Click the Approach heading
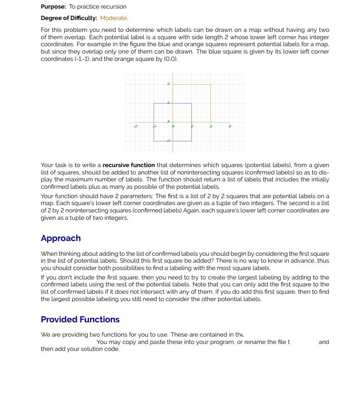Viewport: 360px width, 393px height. [x=61, y=238]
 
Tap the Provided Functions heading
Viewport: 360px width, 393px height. [x=80, y=319]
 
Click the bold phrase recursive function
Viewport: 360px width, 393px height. [x=129, y=165]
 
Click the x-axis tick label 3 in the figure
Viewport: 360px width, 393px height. [x=230, y=127]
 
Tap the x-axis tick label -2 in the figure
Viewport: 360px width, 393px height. [x=136, y=127]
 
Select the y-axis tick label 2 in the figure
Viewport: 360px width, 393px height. [x=168, y=84]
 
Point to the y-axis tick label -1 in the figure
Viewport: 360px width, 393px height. [x=169, y=141]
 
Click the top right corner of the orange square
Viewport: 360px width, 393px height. [x=211, y=85]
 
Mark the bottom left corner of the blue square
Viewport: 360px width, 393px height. [x=154, y=141]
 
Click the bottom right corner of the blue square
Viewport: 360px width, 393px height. [x=191, y=141]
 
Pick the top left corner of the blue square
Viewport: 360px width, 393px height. [x=154, y=103]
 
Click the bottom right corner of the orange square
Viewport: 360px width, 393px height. [x=211, y=122]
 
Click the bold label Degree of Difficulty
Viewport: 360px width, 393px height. [x=69, y=18]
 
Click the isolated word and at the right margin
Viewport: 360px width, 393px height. [x=324, y=342]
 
